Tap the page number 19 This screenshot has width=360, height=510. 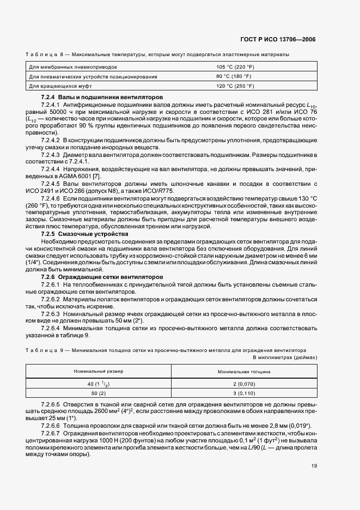tap(314, 466)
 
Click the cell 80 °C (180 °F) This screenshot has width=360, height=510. tap(234, 76)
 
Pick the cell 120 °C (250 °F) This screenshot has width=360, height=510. tap(235, 86)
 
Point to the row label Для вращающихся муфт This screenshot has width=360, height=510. tap(57, 86)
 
